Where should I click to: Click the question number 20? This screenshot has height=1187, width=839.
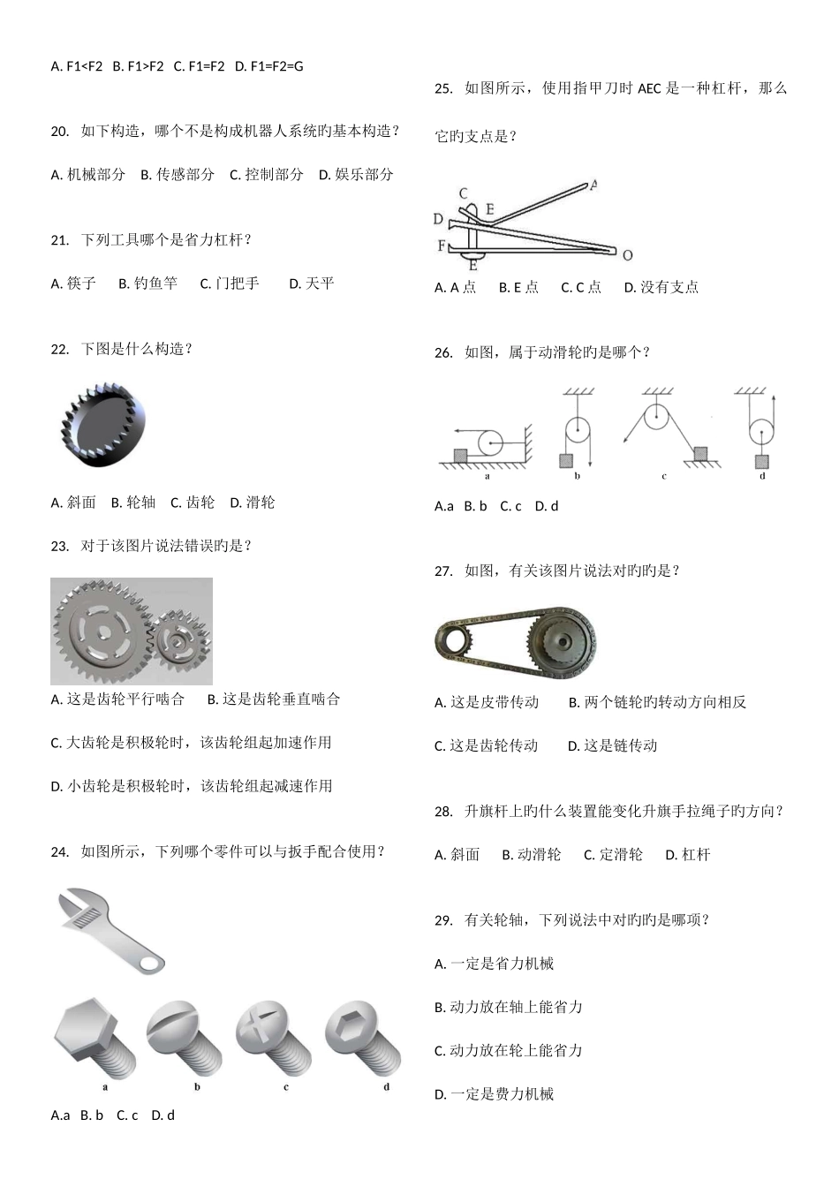coord(60,132)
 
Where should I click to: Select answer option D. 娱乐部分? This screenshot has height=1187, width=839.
coord(356,175)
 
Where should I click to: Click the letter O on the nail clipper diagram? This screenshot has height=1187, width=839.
coord(627,256)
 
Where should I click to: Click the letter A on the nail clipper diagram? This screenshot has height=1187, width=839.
coord(593,185)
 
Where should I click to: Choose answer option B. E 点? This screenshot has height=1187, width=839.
coord(518,287)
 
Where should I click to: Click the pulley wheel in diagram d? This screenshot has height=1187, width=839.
coord(760,433)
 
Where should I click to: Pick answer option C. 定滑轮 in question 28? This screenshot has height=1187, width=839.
coord(613,855)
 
